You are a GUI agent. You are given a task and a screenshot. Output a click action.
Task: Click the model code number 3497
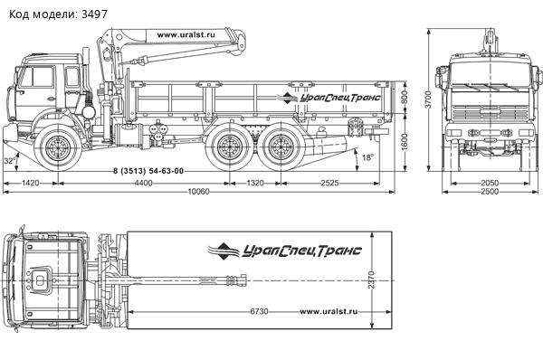[94, 14]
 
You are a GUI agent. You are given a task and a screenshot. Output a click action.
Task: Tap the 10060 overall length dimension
[198, 192]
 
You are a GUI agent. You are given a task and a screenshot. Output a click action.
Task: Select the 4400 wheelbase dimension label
[144, 183]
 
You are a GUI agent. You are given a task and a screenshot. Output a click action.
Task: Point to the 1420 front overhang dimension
[31, 183]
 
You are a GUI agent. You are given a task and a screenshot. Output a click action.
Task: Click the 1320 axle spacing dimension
[255, 183]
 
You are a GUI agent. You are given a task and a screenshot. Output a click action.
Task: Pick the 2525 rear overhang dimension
[329, 183]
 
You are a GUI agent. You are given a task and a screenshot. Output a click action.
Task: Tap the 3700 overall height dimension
[429, 99]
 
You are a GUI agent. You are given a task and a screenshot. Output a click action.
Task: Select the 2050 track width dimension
[490, 183]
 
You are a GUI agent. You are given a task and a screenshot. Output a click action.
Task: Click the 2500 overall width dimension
[490, 192]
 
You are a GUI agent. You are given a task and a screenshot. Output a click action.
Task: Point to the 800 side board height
[404, 99]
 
